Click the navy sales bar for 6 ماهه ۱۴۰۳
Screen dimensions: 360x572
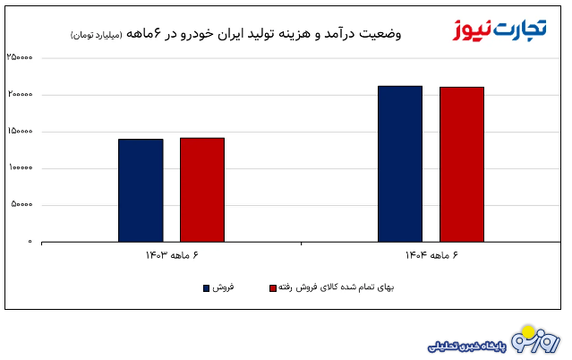[141, 190]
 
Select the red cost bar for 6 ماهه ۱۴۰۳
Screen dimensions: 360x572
[202, 190]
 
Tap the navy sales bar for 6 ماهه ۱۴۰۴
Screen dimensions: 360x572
[400, 164]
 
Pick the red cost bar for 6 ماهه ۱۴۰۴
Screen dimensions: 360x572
[462, 164]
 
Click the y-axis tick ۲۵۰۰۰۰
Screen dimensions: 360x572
[20, 58]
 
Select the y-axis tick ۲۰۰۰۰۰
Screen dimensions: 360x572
[20, 95]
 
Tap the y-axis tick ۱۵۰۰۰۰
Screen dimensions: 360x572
[20, 132]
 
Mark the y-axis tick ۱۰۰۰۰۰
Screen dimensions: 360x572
[20, 168]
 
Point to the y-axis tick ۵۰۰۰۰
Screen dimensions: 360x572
[21, 205]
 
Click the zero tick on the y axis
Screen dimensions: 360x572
[30, 242]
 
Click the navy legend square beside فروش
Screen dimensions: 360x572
[207, 288]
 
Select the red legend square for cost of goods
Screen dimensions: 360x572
[272, 288]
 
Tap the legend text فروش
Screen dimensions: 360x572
[224, 288]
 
